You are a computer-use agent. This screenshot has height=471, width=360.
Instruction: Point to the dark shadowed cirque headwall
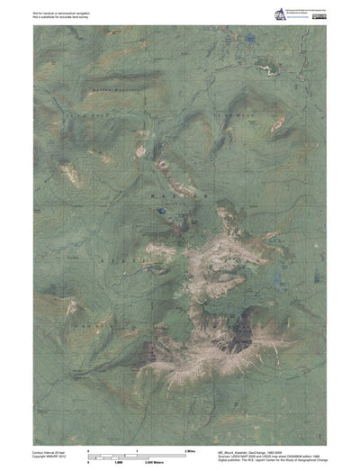(x=238, y=340)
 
